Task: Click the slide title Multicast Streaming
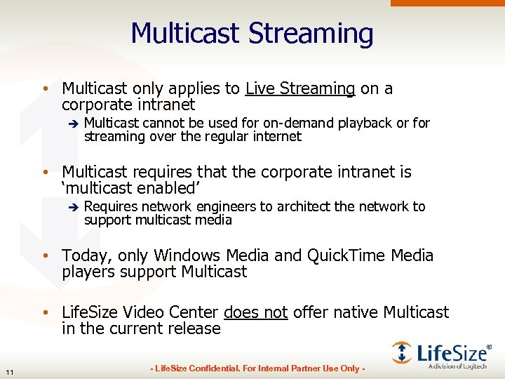tap(252, 33)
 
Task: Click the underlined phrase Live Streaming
tap(300, 88)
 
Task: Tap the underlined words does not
tap(255, 312)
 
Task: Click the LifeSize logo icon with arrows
tap(402, 352)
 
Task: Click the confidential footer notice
tap(257, 368)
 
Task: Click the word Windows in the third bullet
tap(187, 255)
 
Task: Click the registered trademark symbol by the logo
tap(489, 346)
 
